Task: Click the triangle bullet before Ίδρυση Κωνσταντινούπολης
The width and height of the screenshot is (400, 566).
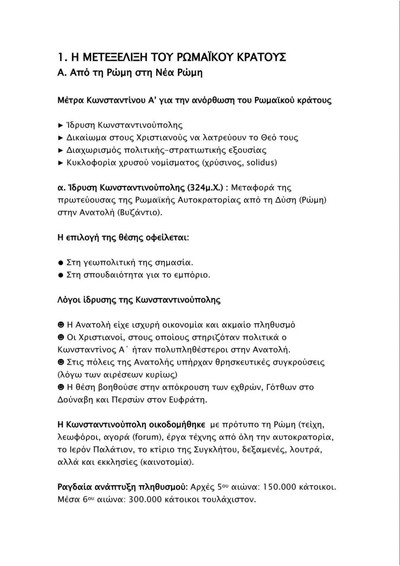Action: [x=61, y=125]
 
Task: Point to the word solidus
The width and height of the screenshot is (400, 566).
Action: [x=261, y=163]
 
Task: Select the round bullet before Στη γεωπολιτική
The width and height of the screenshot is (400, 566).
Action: [x=61, y=263]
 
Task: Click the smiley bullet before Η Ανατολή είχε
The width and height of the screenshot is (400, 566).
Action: [x=61, y=325]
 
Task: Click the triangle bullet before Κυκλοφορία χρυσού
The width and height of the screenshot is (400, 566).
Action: [x=61, y=163]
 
